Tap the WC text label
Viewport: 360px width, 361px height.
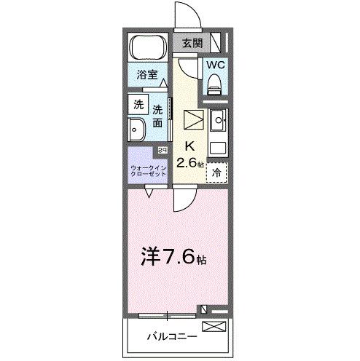pos(215,64)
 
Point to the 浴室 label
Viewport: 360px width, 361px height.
pos(149,73)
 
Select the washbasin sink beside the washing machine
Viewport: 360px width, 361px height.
pos(136,130)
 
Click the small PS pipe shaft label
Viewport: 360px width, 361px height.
pos(163,150)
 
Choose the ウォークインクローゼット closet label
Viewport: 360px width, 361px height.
pos(148,172)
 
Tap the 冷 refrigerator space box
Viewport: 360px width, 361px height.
pos(216,172)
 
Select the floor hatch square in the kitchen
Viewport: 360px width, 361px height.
pos(193,119)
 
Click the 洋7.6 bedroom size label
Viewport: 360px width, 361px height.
pos(173,257)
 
